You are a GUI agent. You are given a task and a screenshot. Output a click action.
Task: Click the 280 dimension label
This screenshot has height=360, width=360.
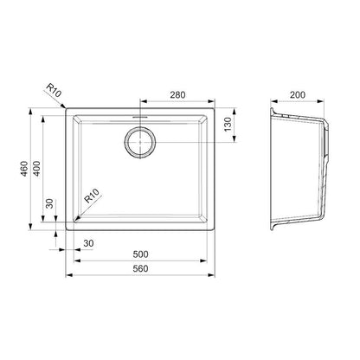pyautogui.click(x=177, y=94)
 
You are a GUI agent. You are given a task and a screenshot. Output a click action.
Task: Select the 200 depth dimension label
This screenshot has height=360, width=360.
pyautogui.click(x=298, y=94)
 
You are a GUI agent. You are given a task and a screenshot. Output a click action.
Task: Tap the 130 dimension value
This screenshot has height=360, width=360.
pyautogui.click(x=228, y=125)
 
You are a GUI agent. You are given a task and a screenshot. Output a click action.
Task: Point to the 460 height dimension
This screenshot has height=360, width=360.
pyautogui.click(x=24, y=169)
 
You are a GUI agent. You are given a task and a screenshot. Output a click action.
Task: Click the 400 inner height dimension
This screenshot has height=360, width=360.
pyautogui.click(x=36, y=169)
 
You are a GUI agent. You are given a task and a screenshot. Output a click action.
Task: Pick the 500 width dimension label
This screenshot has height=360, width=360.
pyautogui.click(x=140, y=254)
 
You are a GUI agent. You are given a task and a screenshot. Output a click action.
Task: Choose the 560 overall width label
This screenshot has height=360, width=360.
pyautogui.click(x=140, y=268)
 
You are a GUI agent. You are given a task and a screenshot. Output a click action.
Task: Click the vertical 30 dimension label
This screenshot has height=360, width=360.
pyautogui.click(x=49, y=203)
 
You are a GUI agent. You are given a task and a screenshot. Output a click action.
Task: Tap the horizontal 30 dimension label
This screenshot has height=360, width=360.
pyautogui.click(x=88, y=243)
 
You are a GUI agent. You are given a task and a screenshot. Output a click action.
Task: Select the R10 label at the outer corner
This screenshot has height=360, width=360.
pyautogui.click(x=54, y=90)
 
